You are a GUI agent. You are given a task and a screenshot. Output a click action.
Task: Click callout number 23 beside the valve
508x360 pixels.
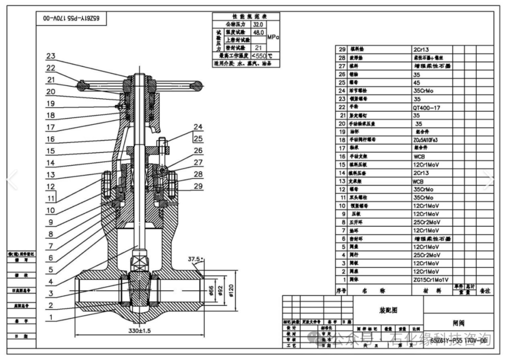click(51, 56)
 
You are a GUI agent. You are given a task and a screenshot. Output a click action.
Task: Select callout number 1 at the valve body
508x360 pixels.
click(50, 318)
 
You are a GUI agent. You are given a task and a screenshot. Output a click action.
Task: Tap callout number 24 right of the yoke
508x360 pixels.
click(198, 127)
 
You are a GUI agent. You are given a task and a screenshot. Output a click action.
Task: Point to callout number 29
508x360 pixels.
click(198, 186)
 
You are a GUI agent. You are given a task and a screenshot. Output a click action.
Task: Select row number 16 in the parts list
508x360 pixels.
click(342, 156)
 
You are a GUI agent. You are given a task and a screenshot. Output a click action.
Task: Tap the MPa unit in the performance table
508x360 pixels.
click(273, 36)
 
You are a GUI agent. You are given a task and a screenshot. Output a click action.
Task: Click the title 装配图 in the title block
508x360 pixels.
click(388, 311)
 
